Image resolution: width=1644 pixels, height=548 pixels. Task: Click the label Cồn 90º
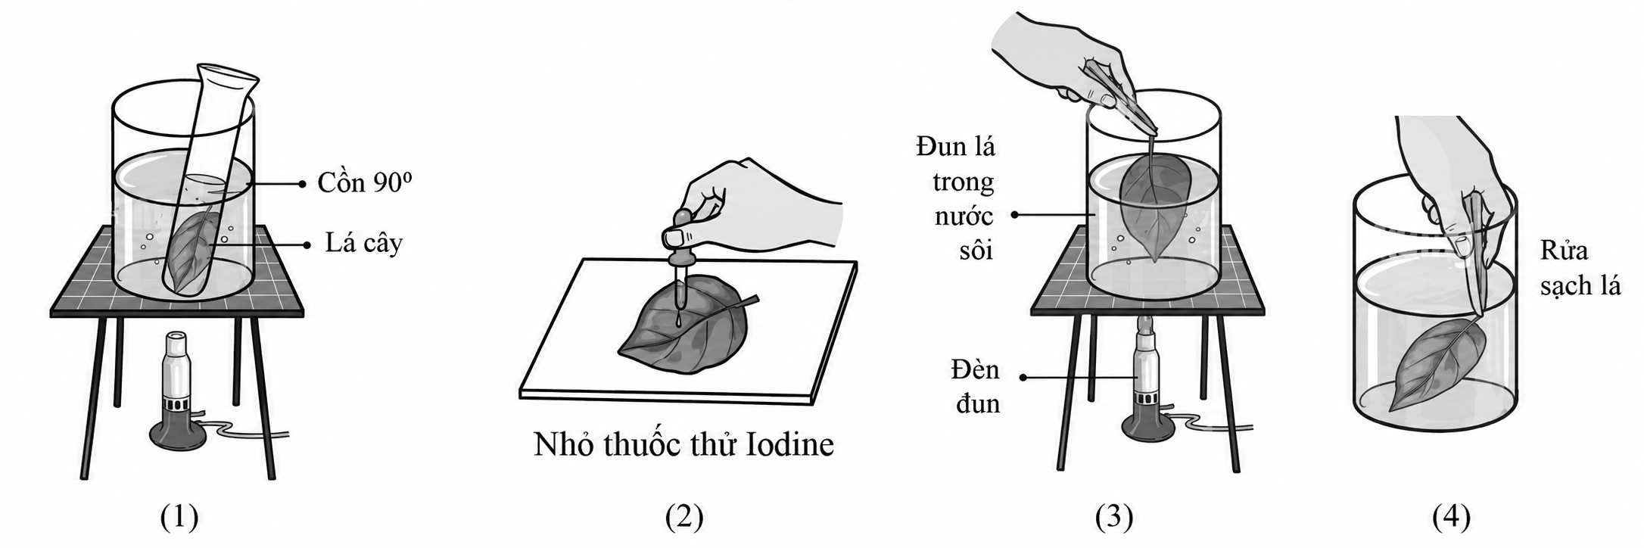pos(365,182)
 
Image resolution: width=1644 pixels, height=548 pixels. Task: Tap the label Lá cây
pos(364,244)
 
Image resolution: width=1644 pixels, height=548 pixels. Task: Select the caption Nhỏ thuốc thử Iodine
pos(683,444)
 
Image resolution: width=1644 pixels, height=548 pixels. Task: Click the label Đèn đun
pos(976,387)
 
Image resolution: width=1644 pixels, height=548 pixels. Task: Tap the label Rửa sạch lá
pos(1580,269)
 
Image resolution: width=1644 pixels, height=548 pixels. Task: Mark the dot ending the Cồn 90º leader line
pos(302,183)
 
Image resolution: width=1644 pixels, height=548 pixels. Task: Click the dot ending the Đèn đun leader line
pos(1023,376)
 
